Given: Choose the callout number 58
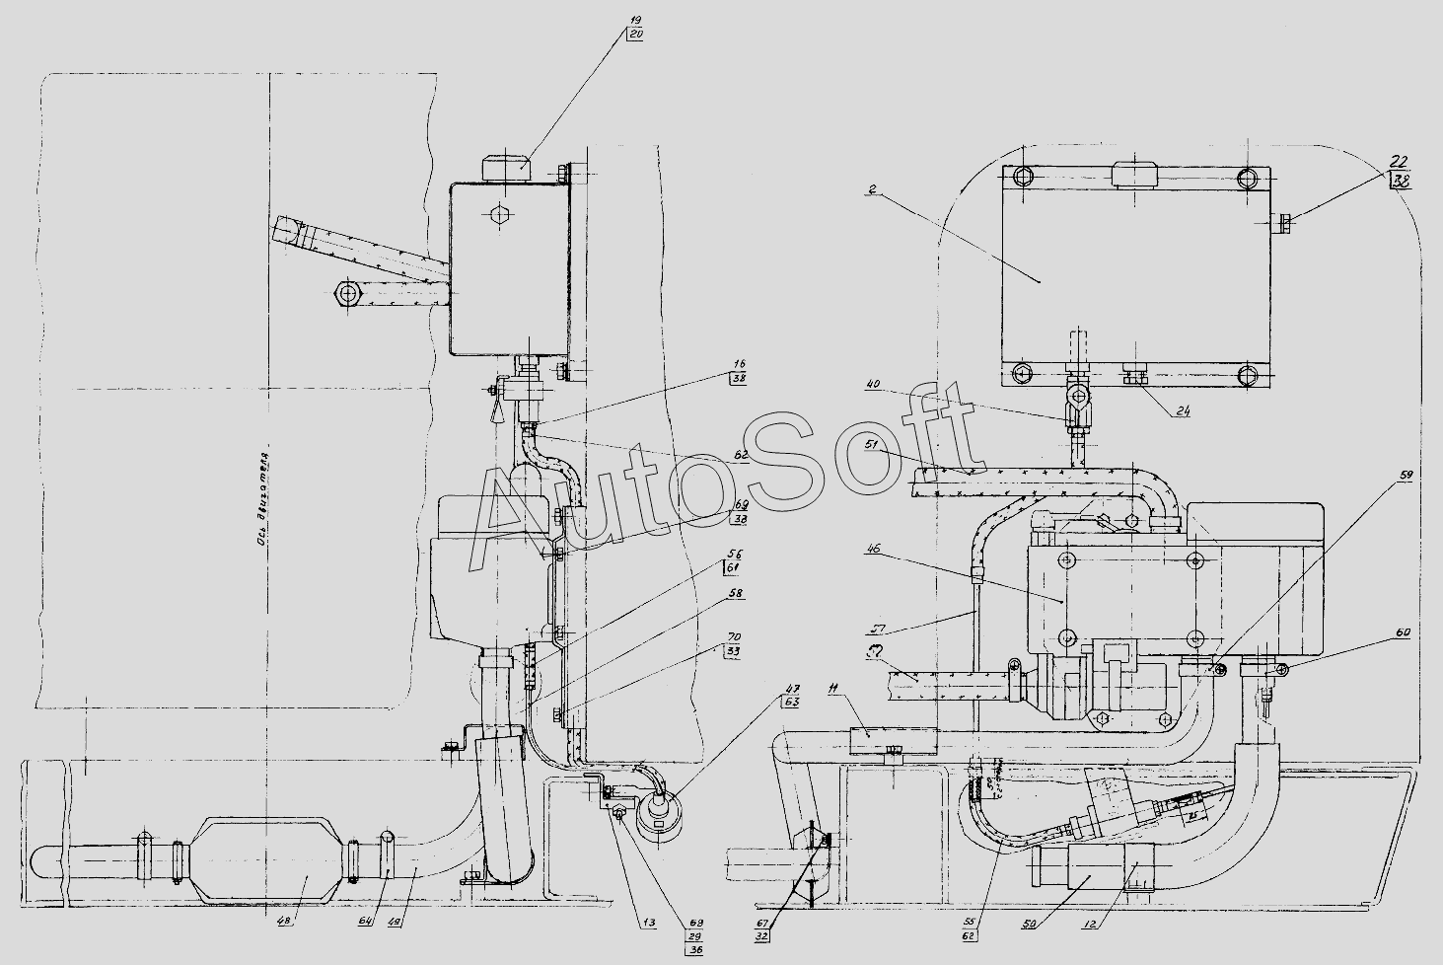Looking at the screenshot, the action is [x=736, y=593].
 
